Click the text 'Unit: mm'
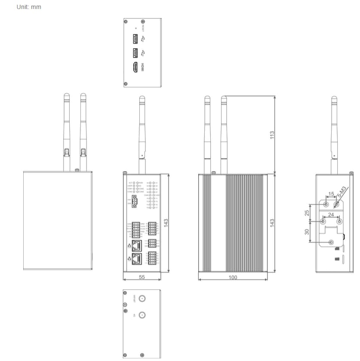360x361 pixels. [x=29, y=7]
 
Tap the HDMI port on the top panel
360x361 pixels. [x=135, y=67]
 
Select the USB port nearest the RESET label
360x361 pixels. [x=135, y=39]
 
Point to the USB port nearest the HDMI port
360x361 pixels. [x=135, y=53]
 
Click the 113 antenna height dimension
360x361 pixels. [x=272, y=135]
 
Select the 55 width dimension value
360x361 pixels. [x=142, y=277]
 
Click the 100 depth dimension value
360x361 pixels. [x=233, y=278]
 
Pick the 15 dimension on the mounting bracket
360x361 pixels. [x=331, y=194]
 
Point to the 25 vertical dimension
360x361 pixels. [x=307, y=213]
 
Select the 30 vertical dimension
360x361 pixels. [x=307, y=231]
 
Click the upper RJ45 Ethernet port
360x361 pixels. [x=137, y=245]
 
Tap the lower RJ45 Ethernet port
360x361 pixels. [x=137, y=259]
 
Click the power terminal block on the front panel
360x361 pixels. [x=134, y=201]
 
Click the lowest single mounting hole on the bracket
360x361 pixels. [x=331, y=242]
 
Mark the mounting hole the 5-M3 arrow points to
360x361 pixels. [x=336, y=204]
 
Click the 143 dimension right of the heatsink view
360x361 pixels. [x=272, y=223]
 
